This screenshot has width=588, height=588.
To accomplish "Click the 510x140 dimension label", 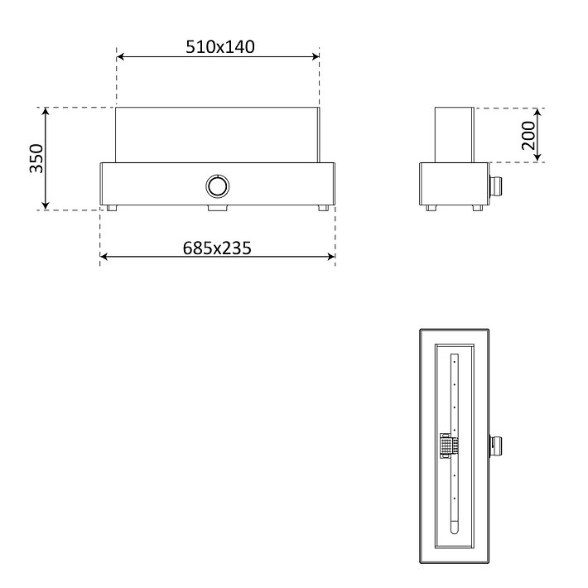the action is coord(220,47).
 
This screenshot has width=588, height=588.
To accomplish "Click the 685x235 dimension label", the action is coord(217,248).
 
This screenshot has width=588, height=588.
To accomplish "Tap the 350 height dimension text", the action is coord(36,158).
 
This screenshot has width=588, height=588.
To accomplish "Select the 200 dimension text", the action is coord(528,135).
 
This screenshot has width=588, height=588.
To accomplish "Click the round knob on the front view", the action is coord(218,186).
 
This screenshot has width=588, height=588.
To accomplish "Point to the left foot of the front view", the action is coord(111,208).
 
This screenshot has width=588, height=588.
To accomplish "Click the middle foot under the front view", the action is coord(218,208).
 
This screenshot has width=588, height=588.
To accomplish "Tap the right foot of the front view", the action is coord(323,208).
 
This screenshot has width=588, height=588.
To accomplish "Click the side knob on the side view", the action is coord(495,184).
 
